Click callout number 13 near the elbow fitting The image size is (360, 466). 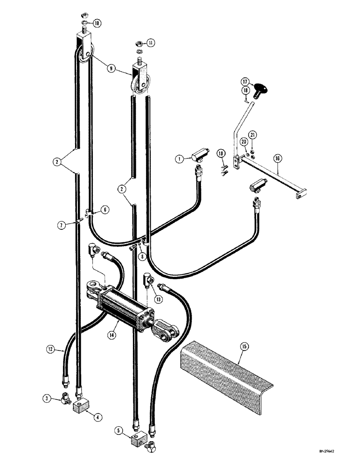point(160,299)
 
